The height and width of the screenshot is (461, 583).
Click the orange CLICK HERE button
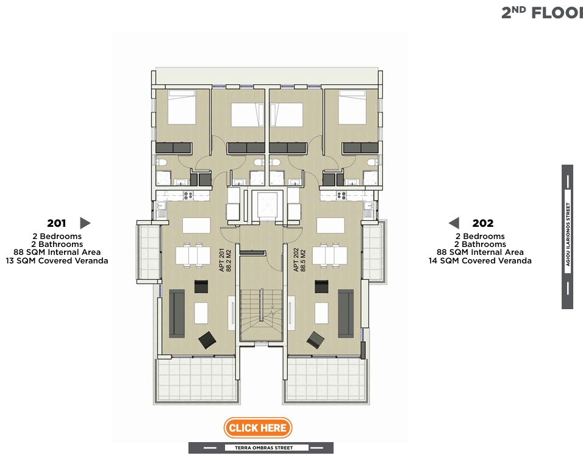coord(258,428)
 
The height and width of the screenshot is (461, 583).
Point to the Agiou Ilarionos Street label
coord(568,237)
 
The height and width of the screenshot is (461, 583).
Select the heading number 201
coord(56,223)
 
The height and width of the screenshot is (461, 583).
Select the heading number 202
coord(482,223)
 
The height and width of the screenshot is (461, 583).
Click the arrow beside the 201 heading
coord(85,223)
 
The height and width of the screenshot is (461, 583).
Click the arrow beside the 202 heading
coord(454,223)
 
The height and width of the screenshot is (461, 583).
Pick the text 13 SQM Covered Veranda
coord(57,261)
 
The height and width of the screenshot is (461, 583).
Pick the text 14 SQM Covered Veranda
coord(480,261)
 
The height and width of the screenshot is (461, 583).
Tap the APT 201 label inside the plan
coord(226,260)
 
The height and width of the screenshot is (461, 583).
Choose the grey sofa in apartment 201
coord(177,313)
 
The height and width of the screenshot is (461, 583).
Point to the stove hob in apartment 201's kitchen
coord(188,196)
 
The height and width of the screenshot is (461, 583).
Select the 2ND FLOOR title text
coord(542,12)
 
